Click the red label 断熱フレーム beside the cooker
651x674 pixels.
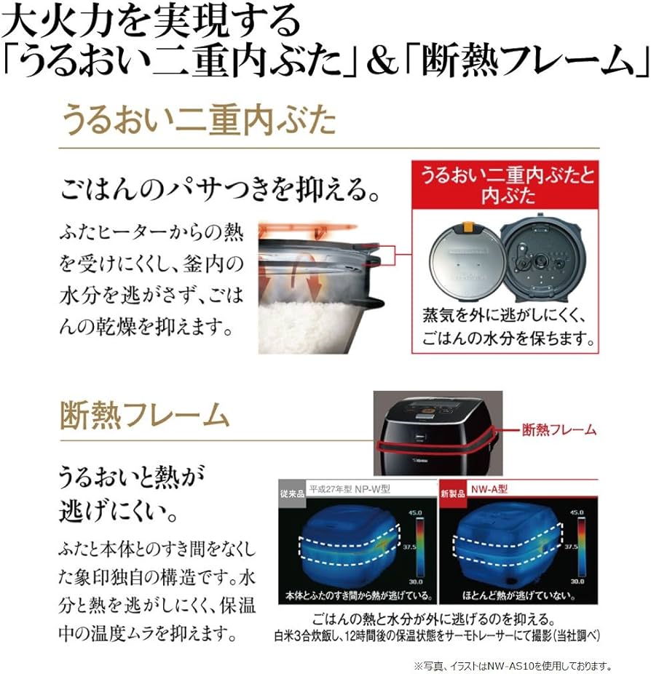[559, 430]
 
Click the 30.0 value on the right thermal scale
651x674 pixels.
[577, 581]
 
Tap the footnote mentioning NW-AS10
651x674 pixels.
[512, 665]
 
